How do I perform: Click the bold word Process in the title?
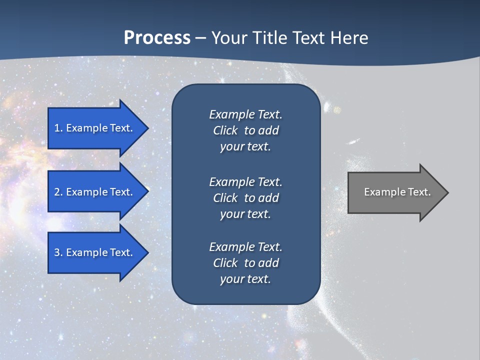click(x=157, y=38)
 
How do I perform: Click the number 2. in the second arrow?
click(x=58, y=192)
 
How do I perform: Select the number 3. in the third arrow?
click(x=58, y=252)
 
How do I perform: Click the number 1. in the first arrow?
click(x=58, y=128)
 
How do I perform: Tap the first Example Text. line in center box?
click(x=245, y=114)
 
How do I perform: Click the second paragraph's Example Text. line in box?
click(x=245, y=181)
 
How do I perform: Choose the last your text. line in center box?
click(x=245, y=279)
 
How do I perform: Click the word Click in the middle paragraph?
click(x=225, y=198)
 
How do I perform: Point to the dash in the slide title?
click(x=200, y=38)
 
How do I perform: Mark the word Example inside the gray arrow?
click(x=382, y=192)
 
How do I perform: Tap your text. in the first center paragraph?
click(x=245, y=147)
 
